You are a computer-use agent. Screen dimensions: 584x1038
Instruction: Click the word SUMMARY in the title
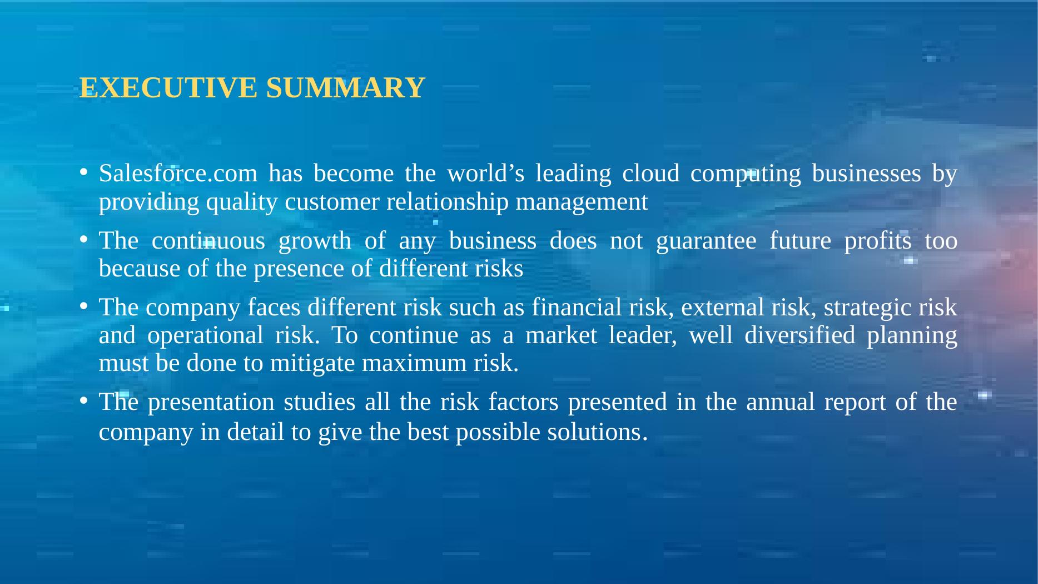click(x=345, y=88)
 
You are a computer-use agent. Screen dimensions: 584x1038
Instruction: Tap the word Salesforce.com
click(x=178, y=174)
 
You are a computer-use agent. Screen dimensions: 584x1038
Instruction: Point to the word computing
click(x=745, y=174)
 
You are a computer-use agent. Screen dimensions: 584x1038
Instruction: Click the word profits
click(x=878, y=241)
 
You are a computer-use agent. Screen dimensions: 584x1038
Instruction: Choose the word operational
click(x=205, y=336)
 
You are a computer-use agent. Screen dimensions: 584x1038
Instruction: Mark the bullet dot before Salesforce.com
click(x=82, y=172)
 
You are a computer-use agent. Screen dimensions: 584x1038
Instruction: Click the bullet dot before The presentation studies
click(x=82, y=400)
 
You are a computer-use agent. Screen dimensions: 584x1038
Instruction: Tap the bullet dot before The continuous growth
click(x=82, y=239)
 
